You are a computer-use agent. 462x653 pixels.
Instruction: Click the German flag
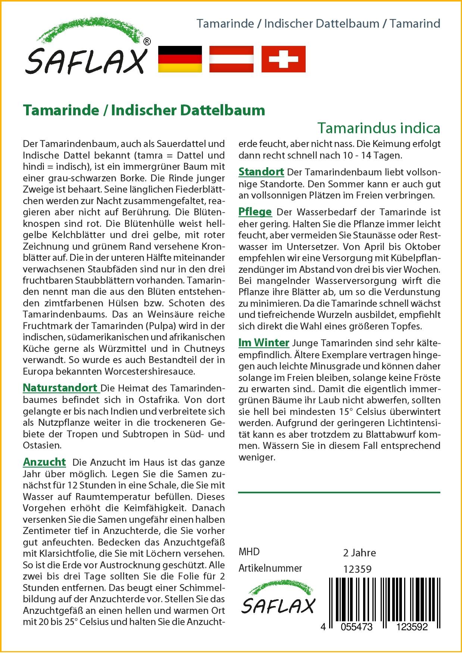(180, 59)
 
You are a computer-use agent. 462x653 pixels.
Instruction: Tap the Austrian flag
(231, 59)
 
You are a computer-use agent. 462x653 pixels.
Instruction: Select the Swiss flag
(283, 59)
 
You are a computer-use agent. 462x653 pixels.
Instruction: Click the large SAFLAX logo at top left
(87, 49)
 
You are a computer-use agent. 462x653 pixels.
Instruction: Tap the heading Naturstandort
(60, 388)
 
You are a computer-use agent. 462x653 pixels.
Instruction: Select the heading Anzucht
(44, 462)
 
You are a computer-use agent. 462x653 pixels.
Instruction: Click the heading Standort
(261, 172)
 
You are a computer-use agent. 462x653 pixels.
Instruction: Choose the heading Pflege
(255, 212)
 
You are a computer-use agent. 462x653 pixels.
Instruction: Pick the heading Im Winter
(264, 342)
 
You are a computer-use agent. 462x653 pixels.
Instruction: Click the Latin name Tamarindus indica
(379, 128)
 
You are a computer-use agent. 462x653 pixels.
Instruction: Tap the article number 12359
(357, 569)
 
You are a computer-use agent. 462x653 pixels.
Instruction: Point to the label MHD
(249, 552)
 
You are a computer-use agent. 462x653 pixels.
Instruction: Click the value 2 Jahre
(359, 553)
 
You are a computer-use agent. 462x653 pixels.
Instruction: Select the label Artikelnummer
(270, 568)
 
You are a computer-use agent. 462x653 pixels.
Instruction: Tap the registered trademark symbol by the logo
(147, 42)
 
